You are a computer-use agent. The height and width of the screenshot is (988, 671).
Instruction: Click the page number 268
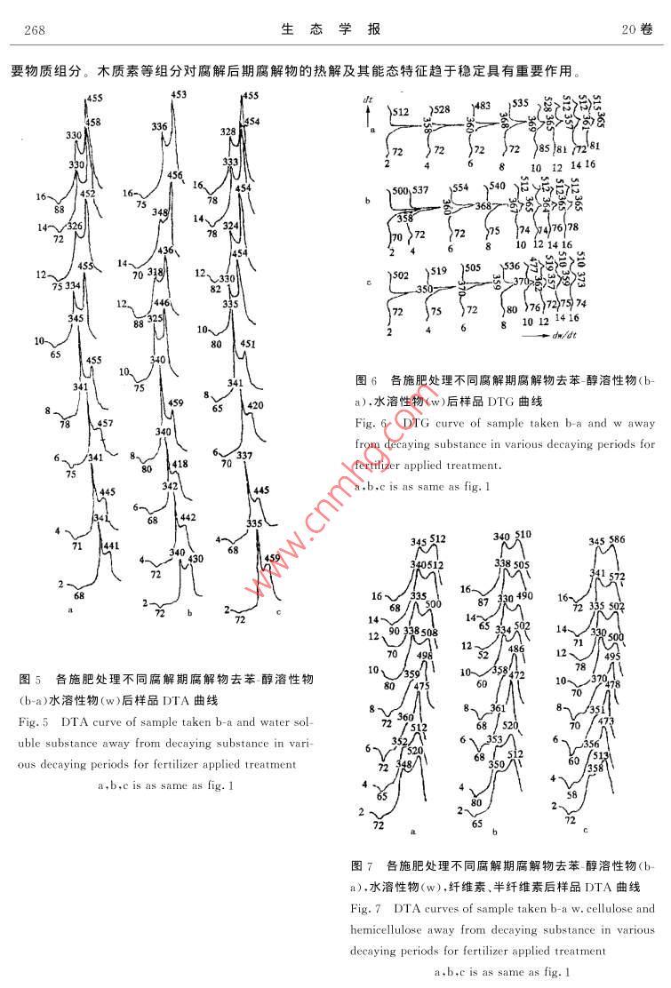tap(35, 30)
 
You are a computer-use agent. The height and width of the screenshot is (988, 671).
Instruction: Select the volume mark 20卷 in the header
tap(637, 30)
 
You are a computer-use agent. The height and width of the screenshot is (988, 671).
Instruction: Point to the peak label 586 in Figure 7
tap(618, 540)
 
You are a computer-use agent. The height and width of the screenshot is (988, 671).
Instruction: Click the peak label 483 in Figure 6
tap(483, 106)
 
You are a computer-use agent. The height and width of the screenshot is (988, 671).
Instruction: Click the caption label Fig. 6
tap(370, 423)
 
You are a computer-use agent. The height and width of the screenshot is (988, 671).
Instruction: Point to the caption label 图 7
tap(362, 864)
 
